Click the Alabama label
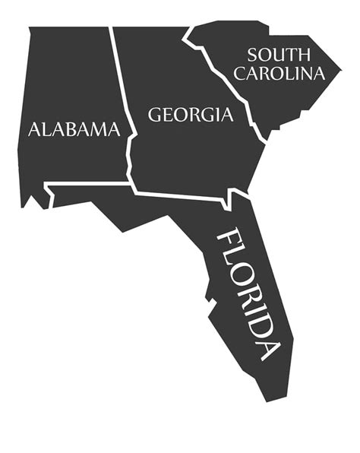click(x=74, y=129)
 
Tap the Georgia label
click(x=190, y=116)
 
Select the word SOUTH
click(x=279, y=55)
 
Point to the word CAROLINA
click(x=279, y=74)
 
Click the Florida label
click(x=249, y=293)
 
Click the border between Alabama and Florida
click(x=87, y=183)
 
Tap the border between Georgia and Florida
click(x=182, y=196)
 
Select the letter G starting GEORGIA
click(x=155, y=116)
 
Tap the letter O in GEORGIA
click(x=183, y=116)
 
